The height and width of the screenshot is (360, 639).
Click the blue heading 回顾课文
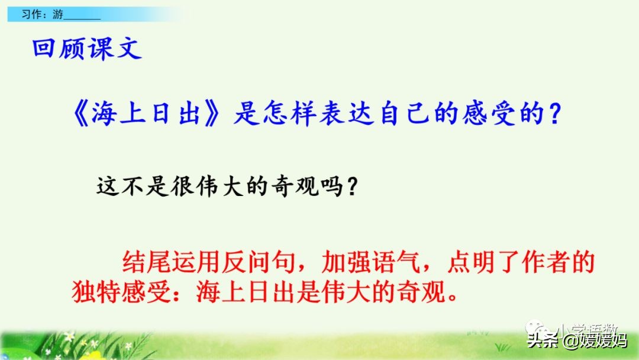[x=87, y=49]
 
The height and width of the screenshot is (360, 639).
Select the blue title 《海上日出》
[x=148, y=113]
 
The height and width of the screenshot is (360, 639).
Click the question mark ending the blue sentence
[x=554, y=114]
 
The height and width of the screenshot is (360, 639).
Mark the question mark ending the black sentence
[x=351, y=188]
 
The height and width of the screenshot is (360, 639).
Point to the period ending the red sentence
[x=453, y=295]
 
